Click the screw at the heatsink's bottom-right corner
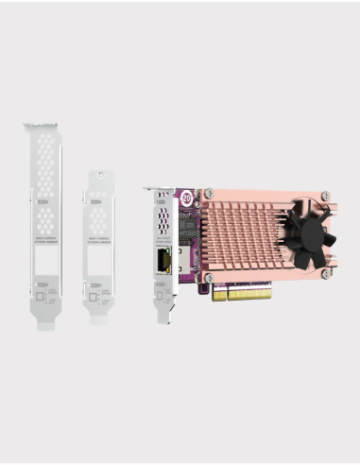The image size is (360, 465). pyautogui.click(x=325, y=274)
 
